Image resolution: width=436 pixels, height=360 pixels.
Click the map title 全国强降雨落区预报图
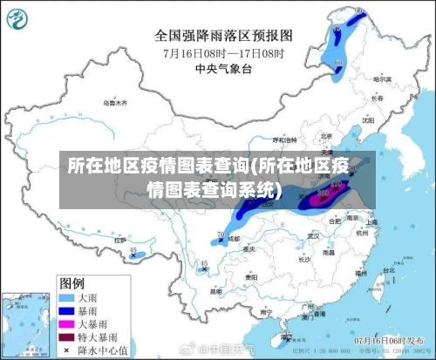[x=223, y=36]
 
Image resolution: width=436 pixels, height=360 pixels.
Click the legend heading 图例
[x=72, y=283]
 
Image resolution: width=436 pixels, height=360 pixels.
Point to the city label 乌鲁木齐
[x=114, y=103]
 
